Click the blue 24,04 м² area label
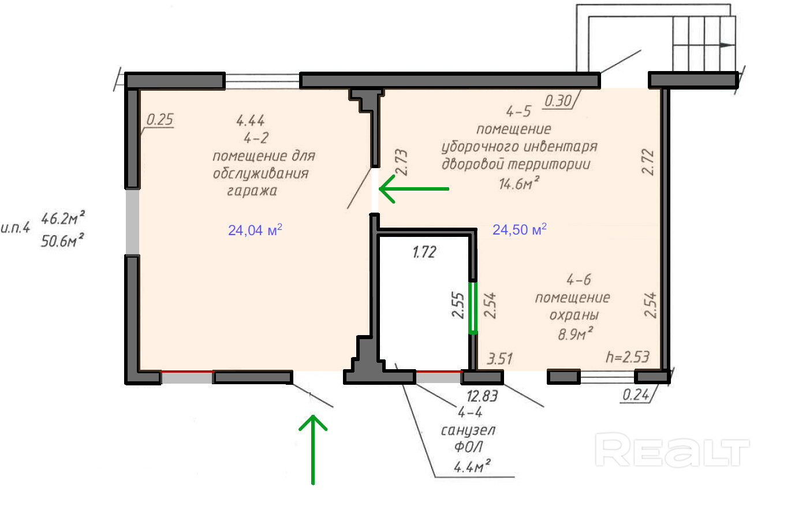[x=255, y=230]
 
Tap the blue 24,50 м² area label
[x=520, y=230]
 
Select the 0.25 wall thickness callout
[x=159, y=120]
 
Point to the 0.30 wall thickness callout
[x=558, y=101]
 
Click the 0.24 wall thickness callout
[x=636, y=395]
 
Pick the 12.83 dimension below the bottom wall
[x=482, y=396]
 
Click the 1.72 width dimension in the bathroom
[x=424, y=252]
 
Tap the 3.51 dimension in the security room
[x=499, y=359]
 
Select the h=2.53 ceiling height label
[x=628, y=357]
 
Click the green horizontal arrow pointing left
[x=414, y=189]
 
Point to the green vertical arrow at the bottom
[x=313, y=449]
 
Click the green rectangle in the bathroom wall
[x=473, y=308]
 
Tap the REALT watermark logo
[x=672, y=450]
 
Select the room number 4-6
[x=579, y=280]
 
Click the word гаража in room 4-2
[x=252, y=191]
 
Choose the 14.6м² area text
[x=519, y=184]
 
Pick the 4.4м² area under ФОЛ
[x=472, y=467]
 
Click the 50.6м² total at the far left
[x=62, y=241]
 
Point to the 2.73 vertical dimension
[x=401, y=162]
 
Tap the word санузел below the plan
[x=468, y=430]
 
